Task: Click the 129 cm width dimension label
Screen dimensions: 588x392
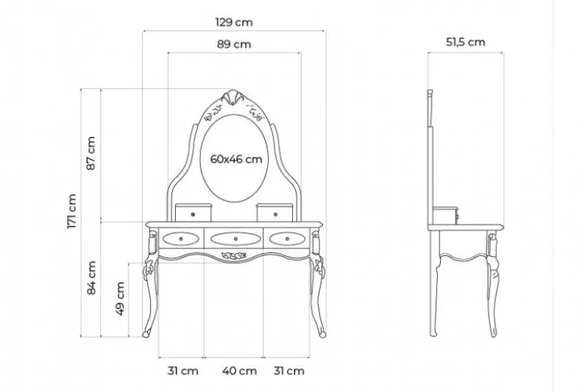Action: [x=234, y=23]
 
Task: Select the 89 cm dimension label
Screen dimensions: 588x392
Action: [x=234, y=44]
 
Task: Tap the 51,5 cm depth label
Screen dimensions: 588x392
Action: [x=465, y=42]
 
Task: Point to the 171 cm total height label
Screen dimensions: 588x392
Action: [x=71, y=211]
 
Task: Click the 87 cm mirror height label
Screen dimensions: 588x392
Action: [x=91, y=153]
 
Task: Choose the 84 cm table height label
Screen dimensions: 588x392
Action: [x=91, y=278]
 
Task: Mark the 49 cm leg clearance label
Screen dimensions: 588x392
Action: [x=120, y=299]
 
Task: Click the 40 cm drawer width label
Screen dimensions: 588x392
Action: [x=240, y=371]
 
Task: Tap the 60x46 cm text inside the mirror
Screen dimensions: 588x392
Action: [x=236, y=160]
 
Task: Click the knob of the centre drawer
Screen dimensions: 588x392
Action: [x=235, y=239]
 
